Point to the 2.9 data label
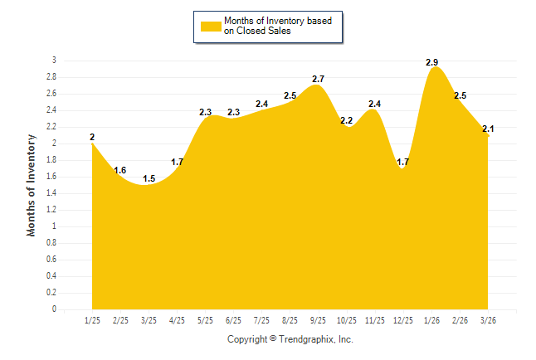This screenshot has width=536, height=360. [431, 62]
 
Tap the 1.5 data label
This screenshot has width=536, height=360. [149, 178]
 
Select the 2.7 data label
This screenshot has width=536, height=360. [318, 79]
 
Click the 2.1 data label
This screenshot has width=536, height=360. [487, 129]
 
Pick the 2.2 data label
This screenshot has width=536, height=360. [346, 120]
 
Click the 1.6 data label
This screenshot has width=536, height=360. [120, 170]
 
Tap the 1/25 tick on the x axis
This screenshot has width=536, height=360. [92, 319]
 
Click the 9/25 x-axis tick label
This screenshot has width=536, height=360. [318, 319]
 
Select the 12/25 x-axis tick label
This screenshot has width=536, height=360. [402, 319]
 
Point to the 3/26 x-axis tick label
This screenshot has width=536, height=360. [487, 319]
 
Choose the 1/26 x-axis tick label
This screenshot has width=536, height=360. [431, 319]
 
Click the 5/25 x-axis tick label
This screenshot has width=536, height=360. [205, 319]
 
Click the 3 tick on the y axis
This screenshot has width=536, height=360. [54, 61]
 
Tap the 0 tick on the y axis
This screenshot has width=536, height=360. [54, 309]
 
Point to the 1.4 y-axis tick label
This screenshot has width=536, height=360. [51, 193]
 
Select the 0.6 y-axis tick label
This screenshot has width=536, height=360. [51, 260]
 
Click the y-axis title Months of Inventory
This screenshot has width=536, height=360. [32, 185]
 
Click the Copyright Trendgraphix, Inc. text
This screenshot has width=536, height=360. [290, 339]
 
